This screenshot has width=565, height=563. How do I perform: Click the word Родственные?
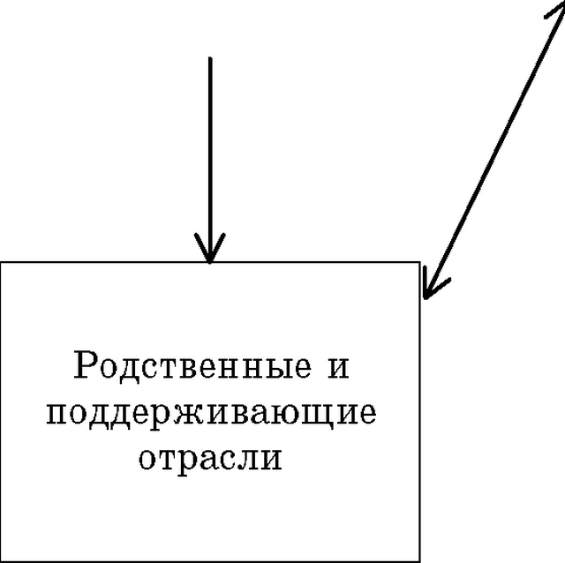coord(192,364)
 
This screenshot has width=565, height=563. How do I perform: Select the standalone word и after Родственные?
coord(338,368)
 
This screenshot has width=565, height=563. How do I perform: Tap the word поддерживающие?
coord(212,414)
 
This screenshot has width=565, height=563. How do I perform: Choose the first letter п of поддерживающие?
coord(58,414)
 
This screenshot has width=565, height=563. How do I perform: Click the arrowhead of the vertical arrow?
coord(210,249)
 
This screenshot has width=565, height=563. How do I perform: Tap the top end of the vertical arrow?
coord(210,57)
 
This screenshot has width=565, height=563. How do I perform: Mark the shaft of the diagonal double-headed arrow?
coord(494,151)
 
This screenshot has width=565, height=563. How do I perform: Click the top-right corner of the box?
coord(420,262)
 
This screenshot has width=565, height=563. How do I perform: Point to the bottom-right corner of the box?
coord(420,561)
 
